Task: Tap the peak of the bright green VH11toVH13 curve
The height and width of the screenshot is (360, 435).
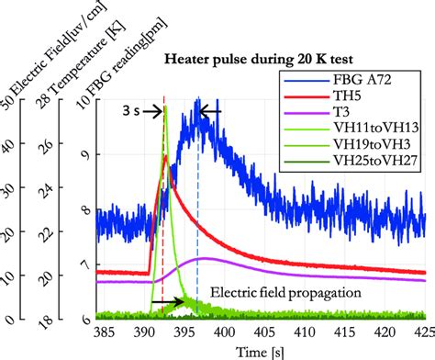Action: tap(166, 108)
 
